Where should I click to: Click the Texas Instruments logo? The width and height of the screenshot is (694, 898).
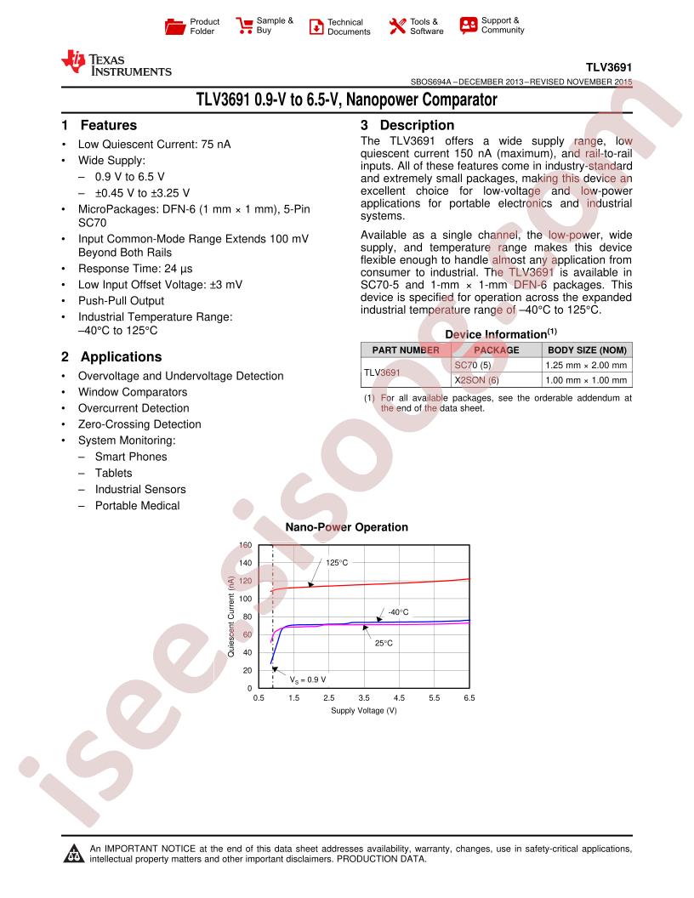116,65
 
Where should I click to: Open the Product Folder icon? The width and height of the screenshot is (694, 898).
174,26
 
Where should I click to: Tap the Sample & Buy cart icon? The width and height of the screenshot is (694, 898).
244,26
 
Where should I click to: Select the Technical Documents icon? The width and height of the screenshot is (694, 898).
316,26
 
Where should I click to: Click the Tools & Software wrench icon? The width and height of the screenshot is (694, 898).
397,26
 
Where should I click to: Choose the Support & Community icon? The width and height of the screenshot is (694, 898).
468,26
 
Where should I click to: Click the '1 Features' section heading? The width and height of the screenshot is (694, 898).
99,125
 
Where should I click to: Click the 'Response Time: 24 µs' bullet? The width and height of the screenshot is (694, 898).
133,268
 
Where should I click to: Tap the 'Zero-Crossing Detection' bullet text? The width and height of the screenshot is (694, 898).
139,424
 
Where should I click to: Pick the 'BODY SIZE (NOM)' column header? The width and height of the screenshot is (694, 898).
587,350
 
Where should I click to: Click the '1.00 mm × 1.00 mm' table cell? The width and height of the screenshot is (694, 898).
586,380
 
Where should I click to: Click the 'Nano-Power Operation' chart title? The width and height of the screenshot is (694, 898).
346,527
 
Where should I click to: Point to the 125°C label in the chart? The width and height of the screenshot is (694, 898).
337,563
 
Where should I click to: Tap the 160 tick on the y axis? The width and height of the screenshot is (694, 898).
245,545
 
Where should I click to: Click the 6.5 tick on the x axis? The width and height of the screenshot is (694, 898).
469,698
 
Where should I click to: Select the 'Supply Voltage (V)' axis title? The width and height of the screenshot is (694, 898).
363,710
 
